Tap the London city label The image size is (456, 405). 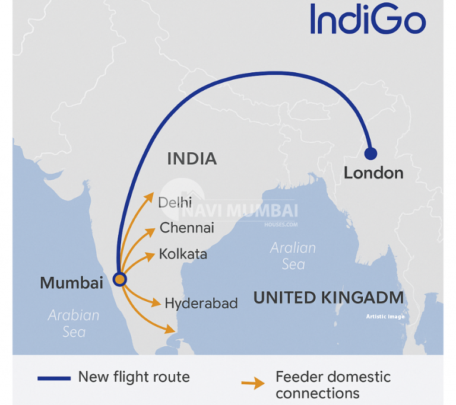(x=373, y=173)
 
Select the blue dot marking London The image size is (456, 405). (x=370, y=154)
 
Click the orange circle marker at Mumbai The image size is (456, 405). (x=120, y=279)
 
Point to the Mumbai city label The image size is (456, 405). (x=71, y=283)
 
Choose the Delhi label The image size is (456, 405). (x=175, y=203)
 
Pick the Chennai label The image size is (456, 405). (x=187, y=228)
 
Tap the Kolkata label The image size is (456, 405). (x=183, y=254)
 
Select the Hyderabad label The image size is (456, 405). (x=201, y=304)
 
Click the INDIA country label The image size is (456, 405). (x=192, y=158)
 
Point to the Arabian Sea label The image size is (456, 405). (x=74, y=323)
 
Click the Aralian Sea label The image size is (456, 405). (x=293, y=256)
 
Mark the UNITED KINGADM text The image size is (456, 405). (x=328, y=298)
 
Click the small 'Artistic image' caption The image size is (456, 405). (x=385, y=317)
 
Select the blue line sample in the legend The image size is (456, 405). (x=53, y=378)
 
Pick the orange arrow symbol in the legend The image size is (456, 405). (x=253, y=384)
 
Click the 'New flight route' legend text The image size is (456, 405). (x=134, y=377)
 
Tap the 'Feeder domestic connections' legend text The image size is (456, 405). (x=332, y=384)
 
